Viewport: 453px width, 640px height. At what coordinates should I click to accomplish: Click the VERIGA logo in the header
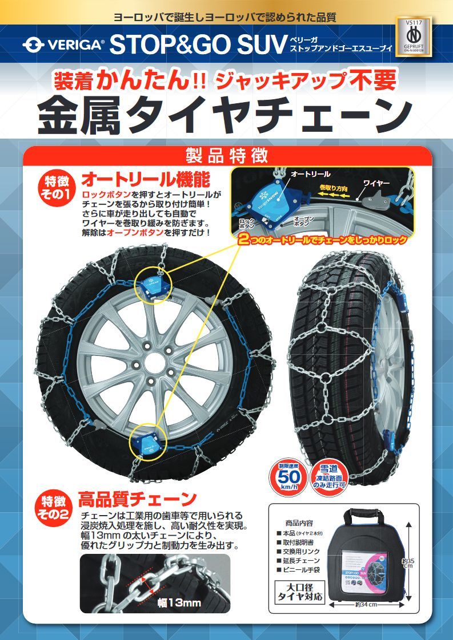click(x=63, y=44)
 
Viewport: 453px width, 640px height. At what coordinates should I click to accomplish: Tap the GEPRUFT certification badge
click(x=413, y=37)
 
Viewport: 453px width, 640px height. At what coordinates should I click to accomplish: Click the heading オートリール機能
click(x=146, y=180)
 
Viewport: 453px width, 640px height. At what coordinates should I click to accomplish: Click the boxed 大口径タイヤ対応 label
click(x=300, y=593)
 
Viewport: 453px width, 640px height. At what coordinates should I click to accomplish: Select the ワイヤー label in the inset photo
click(x=376, y=183)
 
